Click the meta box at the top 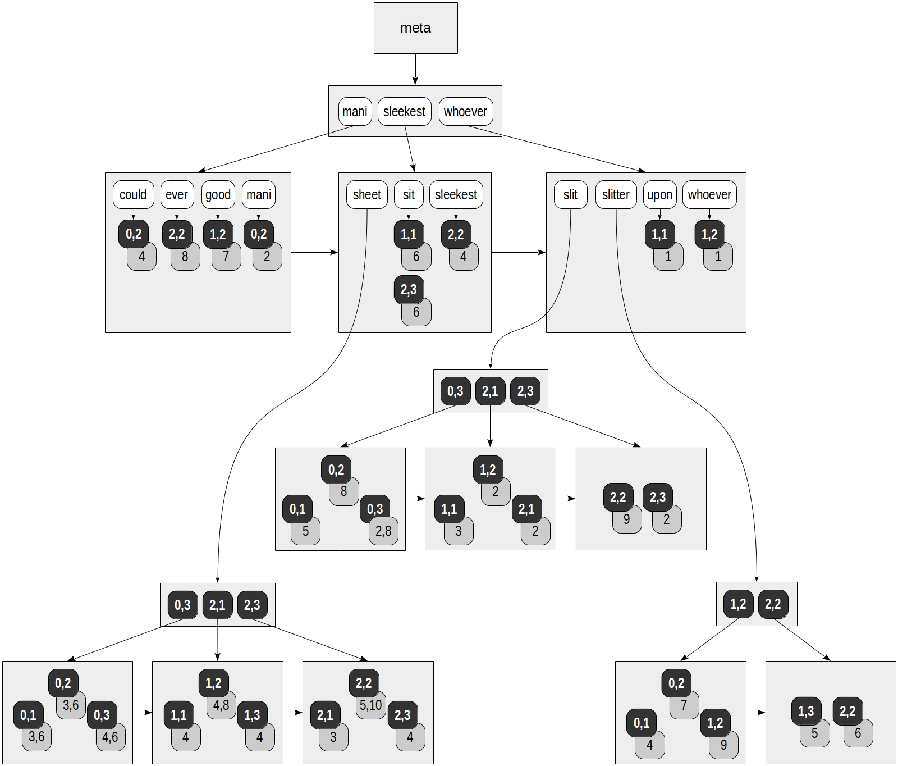click(x=415, y=28)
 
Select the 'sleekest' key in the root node click(x=404, y=111)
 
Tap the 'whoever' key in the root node click(x=465, y=111)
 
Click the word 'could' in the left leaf click(x=133, y=194)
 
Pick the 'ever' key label click(x=177, y=194)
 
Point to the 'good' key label click(x=218, y=194)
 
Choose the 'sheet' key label click(x=366, y=194)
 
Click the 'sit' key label click(x=409, y=194)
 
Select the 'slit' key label click(x=570, y=194)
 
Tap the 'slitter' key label click(x=616, y=194)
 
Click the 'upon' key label click(x=659, y=194)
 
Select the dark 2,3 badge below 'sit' click(x=409, y=289)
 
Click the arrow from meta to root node click(x=415, y=70)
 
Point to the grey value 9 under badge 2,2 click(x=627, y=520)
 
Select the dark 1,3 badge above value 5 click(x=806, y=711)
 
